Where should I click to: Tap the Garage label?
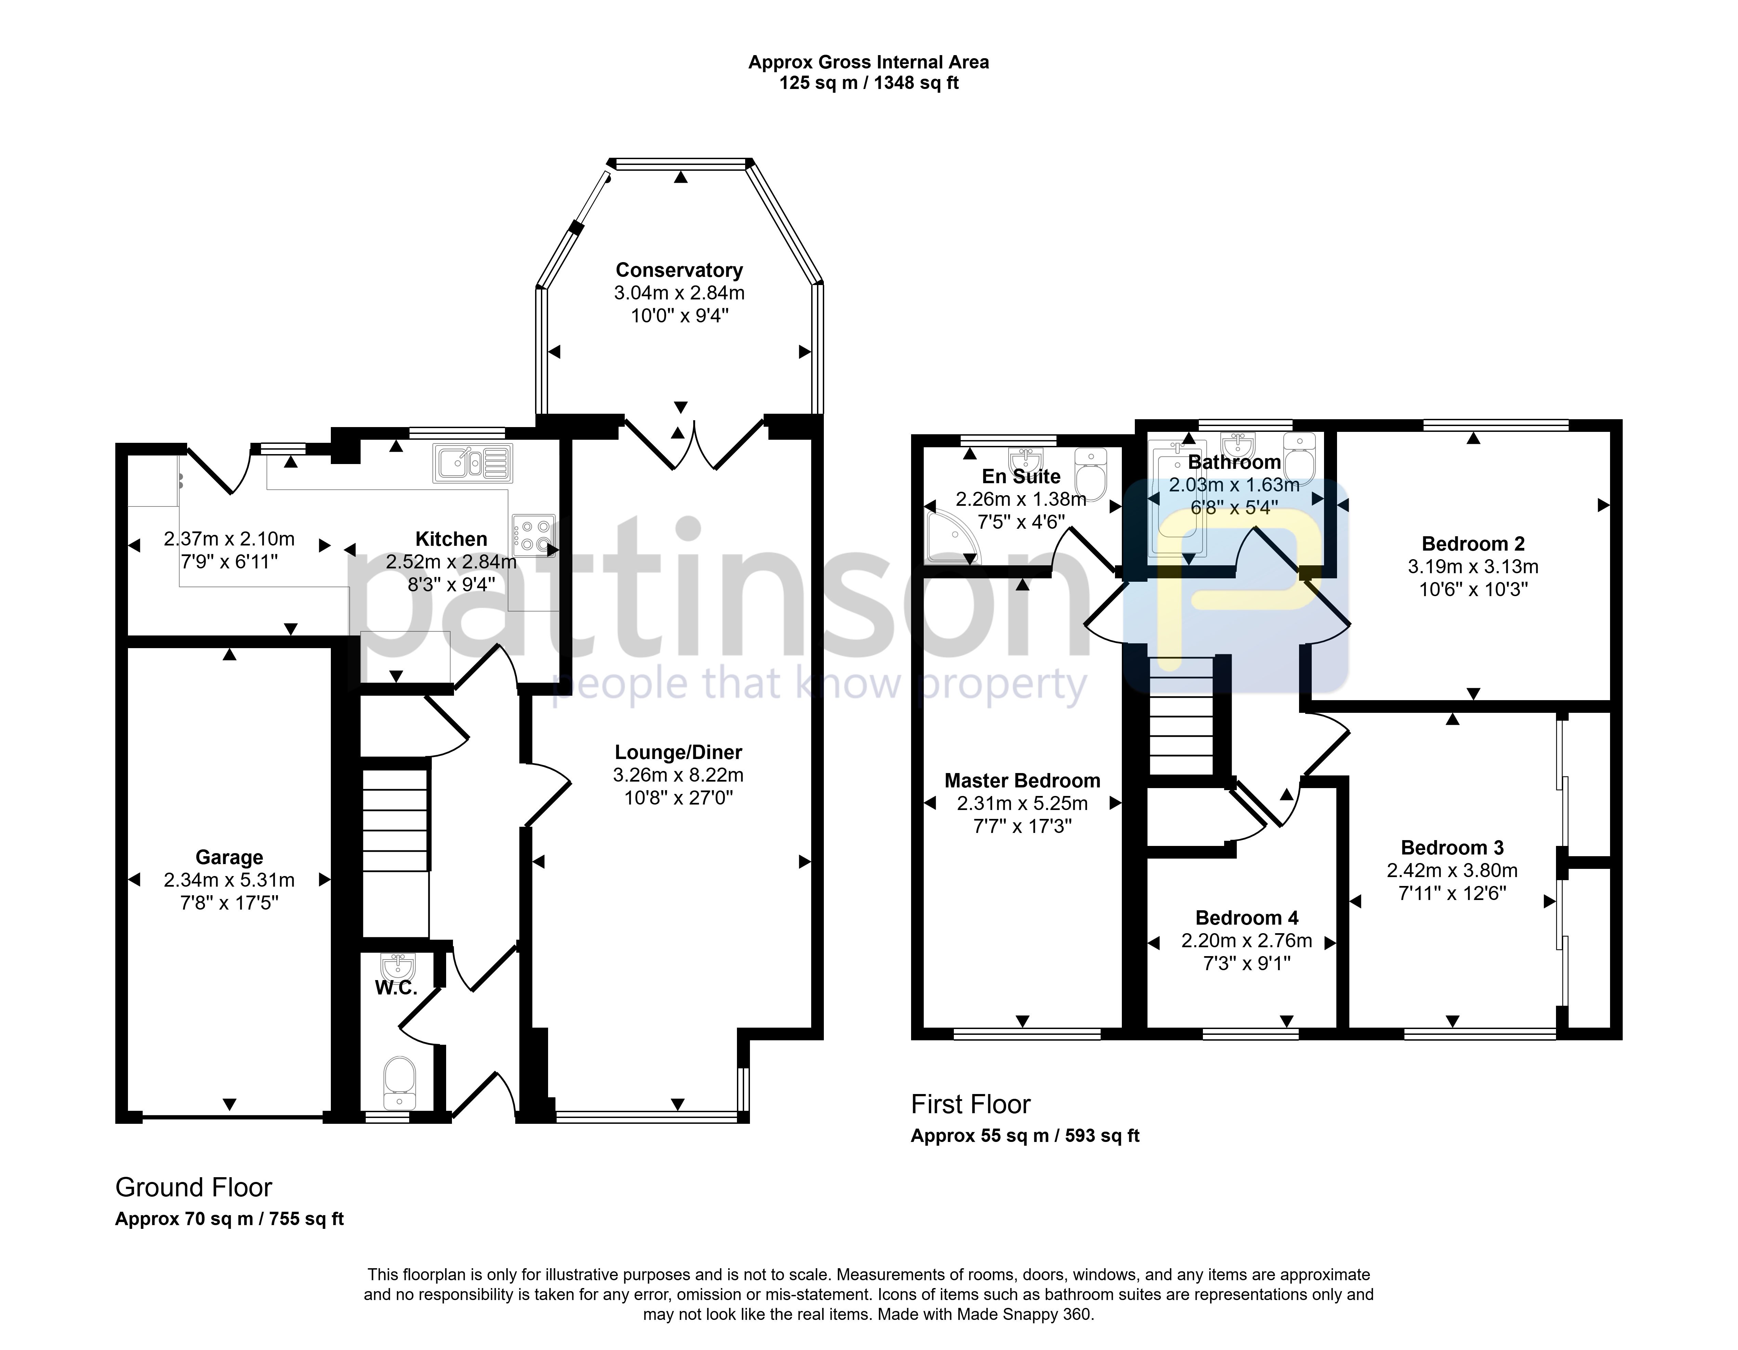pyautogui.click(x=229, y=857)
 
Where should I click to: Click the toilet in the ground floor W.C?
pyautogui.click(x=400, y=1082)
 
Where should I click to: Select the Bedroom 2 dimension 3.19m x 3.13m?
pyautogui.click(x=1473, y=567)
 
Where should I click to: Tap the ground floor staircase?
pyautogui.click(x=396, y=852)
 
